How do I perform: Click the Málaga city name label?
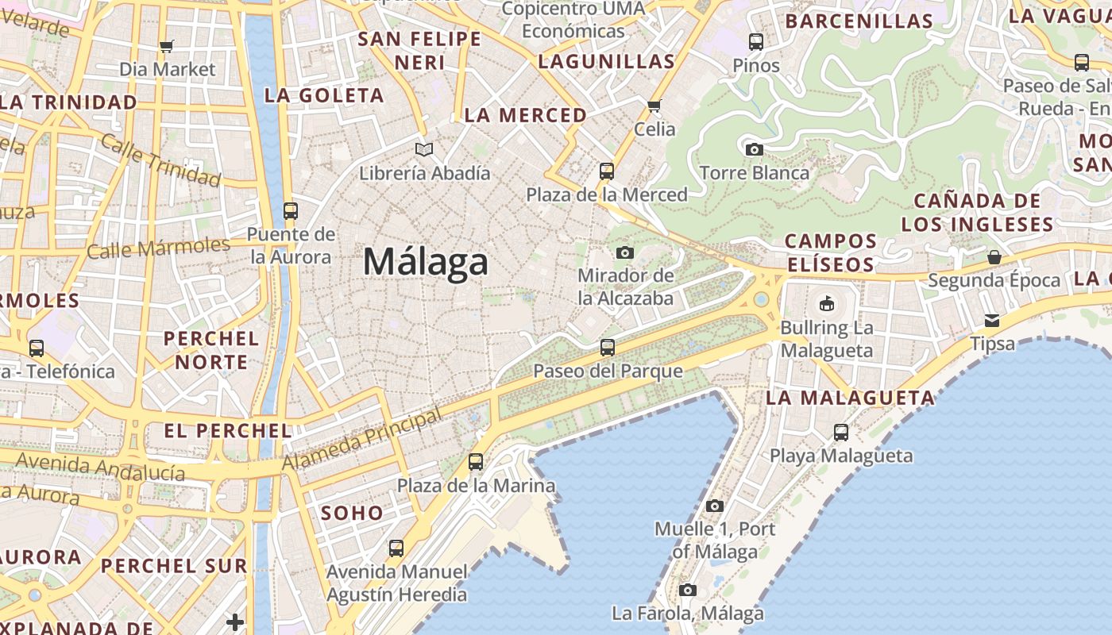tap(425, 262)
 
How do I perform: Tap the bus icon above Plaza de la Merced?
tap(607, 171)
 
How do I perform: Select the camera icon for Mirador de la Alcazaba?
tap(625, 252)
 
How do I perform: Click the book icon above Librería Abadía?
tap(425, 149)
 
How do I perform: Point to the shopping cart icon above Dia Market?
tap(166, 46)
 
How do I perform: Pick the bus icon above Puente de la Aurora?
tap(291, 210)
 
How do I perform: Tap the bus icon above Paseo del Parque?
tap(608, 347)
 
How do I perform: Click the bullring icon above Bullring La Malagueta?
tap(826, 303)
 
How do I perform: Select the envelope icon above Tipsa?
tap(992, 320)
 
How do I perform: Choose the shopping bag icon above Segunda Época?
tap(994, 256)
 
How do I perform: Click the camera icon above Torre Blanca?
tap(754, 149)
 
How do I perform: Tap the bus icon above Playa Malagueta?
tap(841, 433)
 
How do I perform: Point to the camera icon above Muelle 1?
tap(715, 506)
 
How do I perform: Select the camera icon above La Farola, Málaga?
tap(688, 590)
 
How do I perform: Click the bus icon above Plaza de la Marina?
tap(476, 461)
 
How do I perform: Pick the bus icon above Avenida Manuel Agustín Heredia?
tap(396, 548)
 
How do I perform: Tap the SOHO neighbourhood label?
tap(352, 513)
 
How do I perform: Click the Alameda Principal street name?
tap(361, 439)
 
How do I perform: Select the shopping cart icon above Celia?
tap(654, 106)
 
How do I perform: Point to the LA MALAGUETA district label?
tap(850, 398)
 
